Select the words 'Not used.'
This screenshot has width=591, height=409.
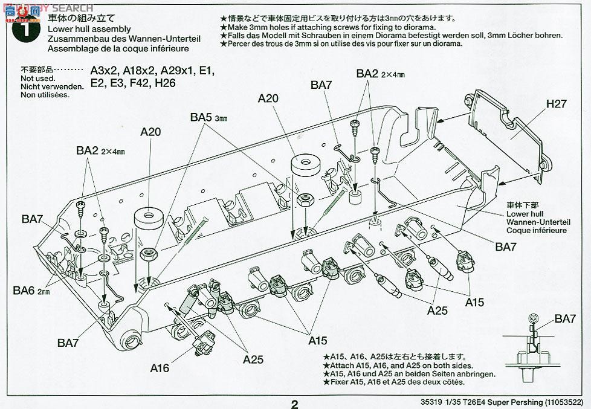tap(37, 79)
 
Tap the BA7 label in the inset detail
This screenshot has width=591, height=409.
tap(566, 319)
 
